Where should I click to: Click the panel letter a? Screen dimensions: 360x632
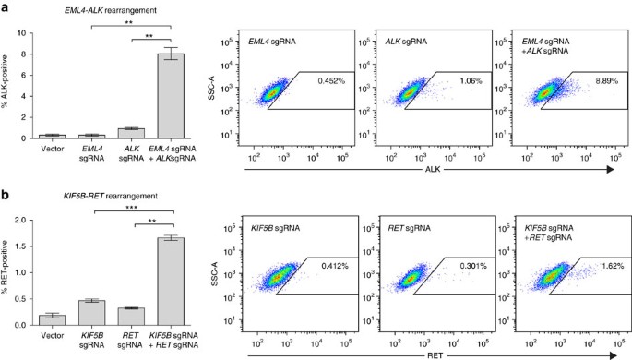coord(6,6)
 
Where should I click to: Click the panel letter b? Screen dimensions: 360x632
coord(6,197)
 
